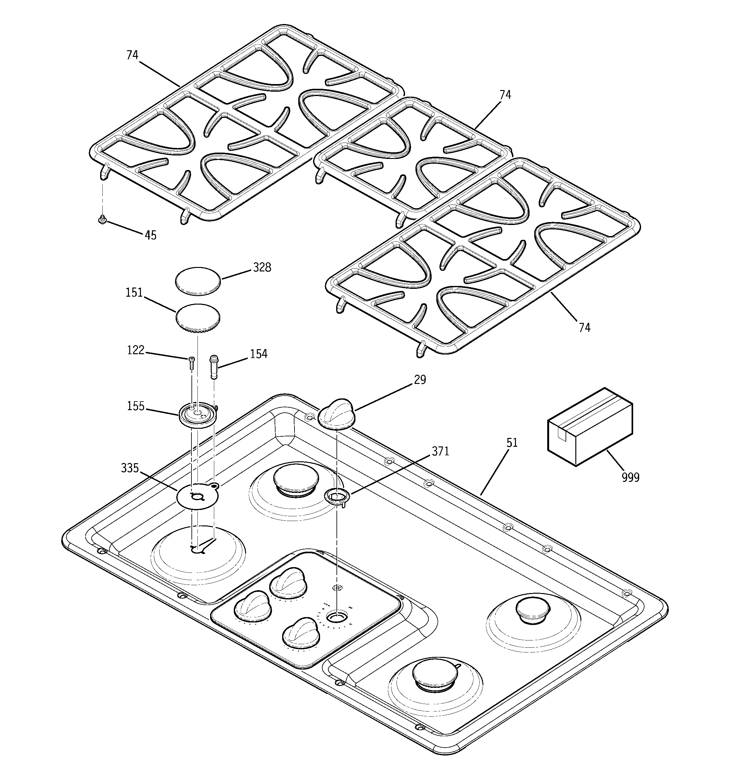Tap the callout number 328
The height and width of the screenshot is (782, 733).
tap(262, 268)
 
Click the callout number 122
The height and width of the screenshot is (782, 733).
tap(136, 350)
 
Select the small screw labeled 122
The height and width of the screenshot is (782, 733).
tap(191, 362)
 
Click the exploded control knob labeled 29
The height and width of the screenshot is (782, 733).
tap(337, 413)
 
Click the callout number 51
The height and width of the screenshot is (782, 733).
tap(512, 443)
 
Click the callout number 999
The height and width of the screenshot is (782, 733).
tap(630, 477)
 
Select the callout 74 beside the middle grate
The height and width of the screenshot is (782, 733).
tap(505, 95)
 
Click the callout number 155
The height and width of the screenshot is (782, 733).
tap(136, 406)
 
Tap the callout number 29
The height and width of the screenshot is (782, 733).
tap(420, 379)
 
